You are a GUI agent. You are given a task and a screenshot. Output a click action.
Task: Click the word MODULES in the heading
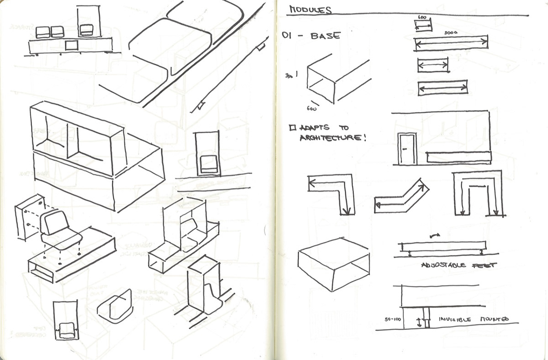click(311, 10)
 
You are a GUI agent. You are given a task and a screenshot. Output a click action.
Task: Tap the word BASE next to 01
click(325, 36)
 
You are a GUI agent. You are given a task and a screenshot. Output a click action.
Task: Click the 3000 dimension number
click(450, 33)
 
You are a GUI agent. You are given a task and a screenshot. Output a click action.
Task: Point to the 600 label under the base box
click(312, 109)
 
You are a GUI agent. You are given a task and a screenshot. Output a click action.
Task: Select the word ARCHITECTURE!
click(333, 137)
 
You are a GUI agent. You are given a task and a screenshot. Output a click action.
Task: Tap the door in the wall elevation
click(405, 149)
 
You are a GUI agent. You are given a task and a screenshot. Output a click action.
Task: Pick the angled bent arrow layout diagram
click(402, 196)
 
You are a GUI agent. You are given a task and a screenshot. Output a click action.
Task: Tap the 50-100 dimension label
click(392, 320)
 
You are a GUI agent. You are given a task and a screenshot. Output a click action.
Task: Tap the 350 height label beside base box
click(289, 76)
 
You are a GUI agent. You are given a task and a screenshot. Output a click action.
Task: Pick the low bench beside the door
click(458, 158)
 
